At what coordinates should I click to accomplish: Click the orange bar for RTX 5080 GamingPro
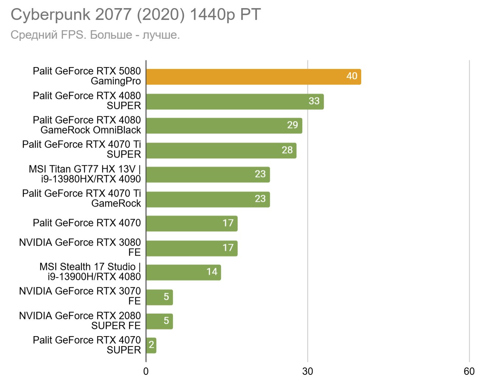coord(254,77)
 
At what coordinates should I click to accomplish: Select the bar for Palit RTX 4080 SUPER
coord(235,102)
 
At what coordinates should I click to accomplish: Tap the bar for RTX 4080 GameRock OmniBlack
coord(224,126)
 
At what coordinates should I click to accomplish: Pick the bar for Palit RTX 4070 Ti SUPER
coord(221,151)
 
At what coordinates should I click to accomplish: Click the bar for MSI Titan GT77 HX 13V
coord(208,175)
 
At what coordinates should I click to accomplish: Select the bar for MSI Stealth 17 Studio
coord(184,272)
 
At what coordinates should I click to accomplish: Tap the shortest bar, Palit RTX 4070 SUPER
coord(151,345)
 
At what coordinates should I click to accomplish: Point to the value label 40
coord(352,76)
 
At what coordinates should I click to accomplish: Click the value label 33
coord(314,101)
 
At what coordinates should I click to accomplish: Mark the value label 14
coord(212,272)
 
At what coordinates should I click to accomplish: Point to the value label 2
coord(151,345)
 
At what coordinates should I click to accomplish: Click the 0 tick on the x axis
coord(146,372)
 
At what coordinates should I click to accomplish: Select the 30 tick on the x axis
coord(307,372)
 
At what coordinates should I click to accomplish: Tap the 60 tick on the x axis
coord(469,372)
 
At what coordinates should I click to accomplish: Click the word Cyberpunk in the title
coord(50,15)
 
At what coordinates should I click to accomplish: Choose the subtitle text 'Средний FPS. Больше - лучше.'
coord(95,35)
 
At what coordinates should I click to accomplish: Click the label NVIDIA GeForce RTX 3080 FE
coord(80,247)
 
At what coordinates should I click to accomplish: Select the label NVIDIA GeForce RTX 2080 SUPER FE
coord(80,321)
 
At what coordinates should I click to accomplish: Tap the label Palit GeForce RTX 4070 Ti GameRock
coord(81,198)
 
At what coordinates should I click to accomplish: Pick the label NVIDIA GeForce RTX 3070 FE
coord(80,296)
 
